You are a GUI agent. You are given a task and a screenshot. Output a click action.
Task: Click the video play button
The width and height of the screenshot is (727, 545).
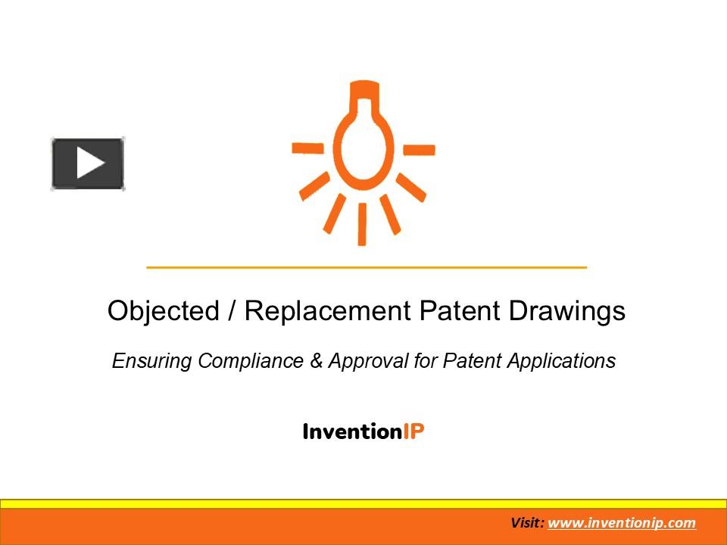tap(88, 163)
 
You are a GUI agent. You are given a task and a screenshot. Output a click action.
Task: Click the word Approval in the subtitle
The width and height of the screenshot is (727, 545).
tap(368, 361)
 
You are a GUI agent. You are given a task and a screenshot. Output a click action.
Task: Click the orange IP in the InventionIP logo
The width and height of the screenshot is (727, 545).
tap(413, 431)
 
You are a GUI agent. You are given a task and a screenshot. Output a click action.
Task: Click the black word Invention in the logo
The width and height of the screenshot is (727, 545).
tap(351, 431)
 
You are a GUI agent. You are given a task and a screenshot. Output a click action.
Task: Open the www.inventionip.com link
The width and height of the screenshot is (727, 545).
tap(621, 523)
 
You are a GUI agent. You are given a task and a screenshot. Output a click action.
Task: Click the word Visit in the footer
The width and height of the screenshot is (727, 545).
tap(526, 523)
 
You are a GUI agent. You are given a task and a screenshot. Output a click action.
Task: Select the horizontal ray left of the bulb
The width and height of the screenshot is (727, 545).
tap(307, 148)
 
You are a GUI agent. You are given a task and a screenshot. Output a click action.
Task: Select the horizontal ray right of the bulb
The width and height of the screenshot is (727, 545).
tap(419, 149)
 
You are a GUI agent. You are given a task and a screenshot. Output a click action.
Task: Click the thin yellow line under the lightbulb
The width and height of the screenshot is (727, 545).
tap(367, 267)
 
